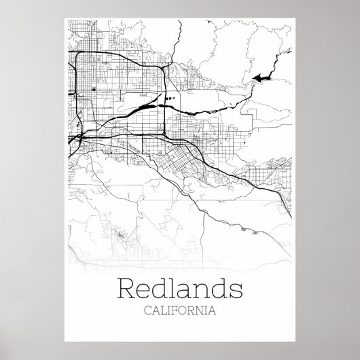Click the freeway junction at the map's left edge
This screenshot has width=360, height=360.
pyautogui.click(x=75, y=137)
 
